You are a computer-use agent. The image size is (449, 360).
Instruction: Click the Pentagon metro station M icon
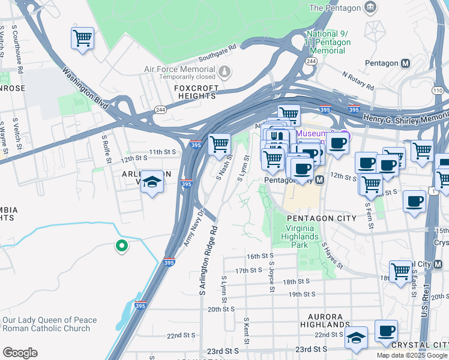click(406, 63)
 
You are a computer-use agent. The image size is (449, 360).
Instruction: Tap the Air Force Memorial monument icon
click(224, 73)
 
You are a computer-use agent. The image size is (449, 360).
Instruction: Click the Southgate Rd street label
click(218, 56)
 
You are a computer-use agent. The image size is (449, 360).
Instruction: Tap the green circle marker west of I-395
click(121, 245)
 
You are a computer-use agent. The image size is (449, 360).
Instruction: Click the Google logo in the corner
click(20, 352)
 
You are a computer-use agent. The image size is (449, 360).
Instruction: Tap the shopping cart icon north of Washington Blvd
click(82, 38)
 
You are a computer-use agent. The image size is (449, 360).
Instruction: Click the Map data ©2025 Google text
click(412, 355)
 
